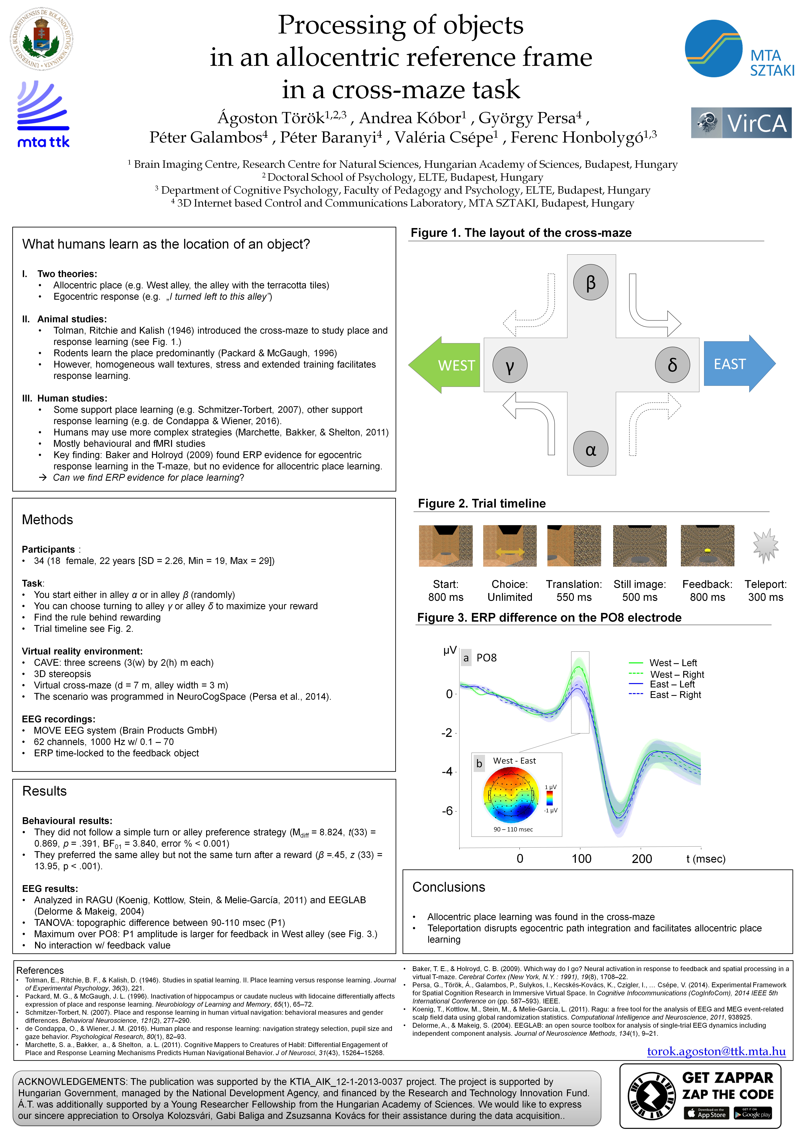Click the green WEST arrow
[445, 365]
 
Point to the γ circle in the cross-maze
[510, 365]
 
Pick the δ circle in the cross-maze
[672, 365]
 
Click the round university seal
[42, 39]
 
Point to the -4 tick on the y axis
[447, 772]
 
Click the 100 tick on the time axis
[581, 859]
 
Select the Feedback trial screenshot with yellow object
[707, 546]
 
